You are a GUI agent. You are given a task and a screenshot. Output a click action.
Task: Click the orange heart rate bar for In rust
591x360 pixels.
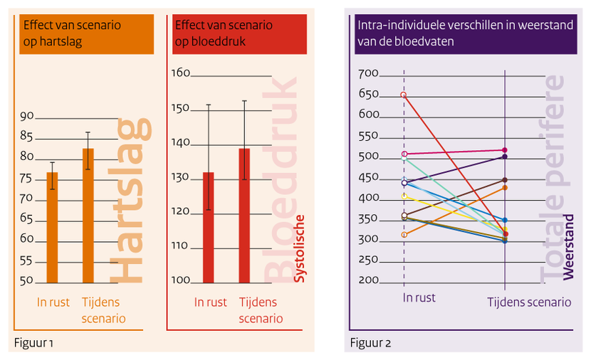[52, 228]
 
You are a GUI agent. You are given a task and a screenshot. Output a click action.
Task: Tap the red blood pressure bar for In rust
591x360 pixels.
[208, 228]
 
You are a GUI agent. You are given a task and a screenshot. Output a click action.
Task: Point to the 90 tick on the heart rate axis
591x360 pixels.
[27, 117]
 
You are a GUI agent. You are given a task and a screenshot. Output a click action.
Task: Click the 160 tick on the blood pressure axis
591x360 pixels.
[181, 73]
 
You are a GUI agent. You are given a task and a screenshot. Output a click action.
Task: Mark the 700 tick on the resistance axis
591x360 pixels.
[368, 73]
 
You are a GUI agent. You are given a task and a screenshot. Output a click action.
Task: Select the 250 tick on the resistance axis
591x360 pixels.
[368, 260]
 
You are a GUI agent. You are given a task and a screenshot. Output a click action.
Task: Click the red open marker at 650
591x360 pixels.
[404, 95]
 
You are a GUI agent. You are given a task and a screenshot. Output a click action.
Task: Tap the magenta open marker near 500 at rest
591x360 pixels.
[404, 154]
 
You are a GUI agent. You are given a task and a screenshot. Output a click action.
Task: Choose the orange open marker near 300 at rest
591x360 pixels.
[404, 234]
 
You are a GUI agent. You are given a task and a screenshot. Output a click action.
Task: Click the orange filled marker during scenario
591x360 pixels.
[505, 187]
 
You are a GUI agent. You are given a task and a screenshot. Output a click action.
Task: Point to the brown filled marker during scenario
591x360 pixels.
[505, 180]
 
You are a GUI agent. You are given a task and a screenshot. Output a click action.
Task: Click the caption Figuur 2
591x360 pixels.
[370, 343]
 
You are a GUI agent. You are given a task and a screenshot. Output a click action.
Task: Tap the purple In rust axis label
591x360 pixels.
[419, 297]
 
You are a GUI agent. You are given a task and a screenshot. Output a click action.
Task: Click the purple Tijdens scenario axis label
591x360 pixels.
[528, 302]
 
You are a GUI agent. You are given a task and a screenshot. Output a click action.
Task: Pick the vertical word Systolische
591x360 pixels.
[300, 248]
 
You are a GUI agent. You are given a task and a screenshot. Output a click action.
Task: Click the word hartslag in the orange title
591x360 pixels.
[60, 42]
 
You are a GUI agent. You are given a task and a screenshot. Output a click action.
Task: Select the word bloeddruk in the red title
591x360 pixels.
[222, 42]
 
